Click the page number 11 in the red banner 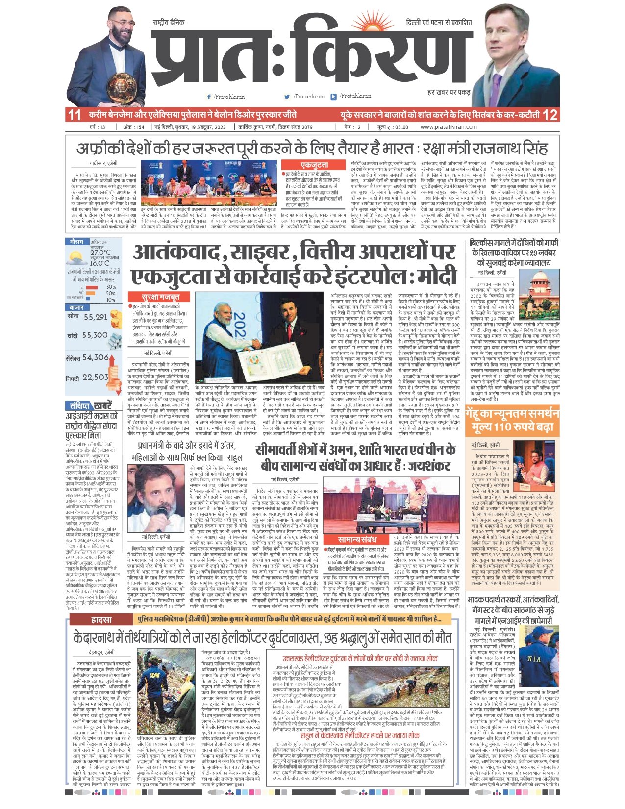tap(74, 115)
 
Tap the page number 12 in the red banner tap(550, 115)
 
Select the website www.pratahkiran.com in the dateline tap(448, 127)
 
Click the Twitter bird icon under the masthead tap(288, 97)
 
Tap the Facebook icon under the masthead tap(209, 97)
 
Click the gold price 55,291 tap(95, 317)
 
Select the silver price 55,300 tap(95, 335)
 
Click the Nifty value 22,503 tap(95, 377)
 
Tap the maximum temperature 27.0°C tap(100, 253)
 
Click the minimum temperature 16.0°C tap(100, 263)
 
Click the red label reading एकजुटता tap(315, 165)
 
